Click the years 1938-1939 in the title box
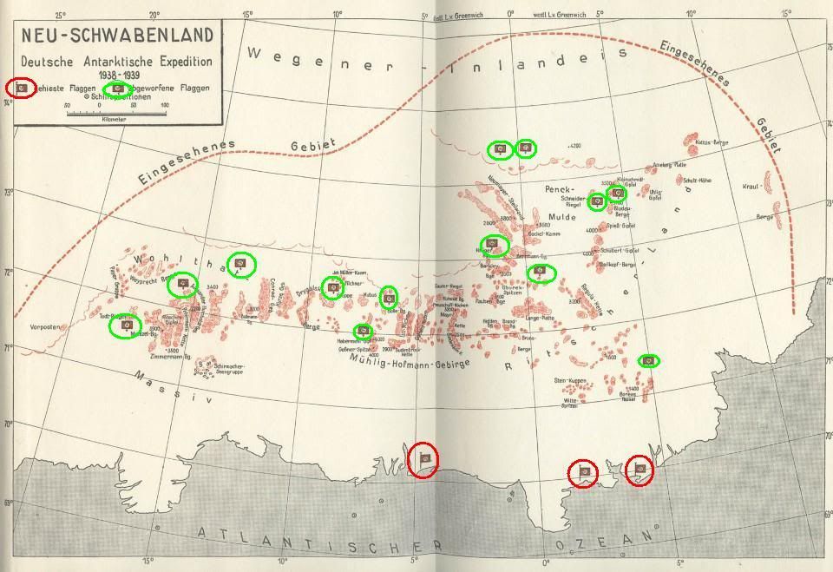[115, 75]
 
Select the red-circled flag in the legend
[22, 88]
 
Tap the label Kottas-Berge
[712, 142]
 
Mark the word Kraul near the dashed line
[751, 187]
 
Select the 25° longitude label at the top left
[61, 16]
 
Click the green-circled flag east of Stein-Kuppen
[647, 360]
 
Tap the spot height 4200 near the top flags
[574, 148]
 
